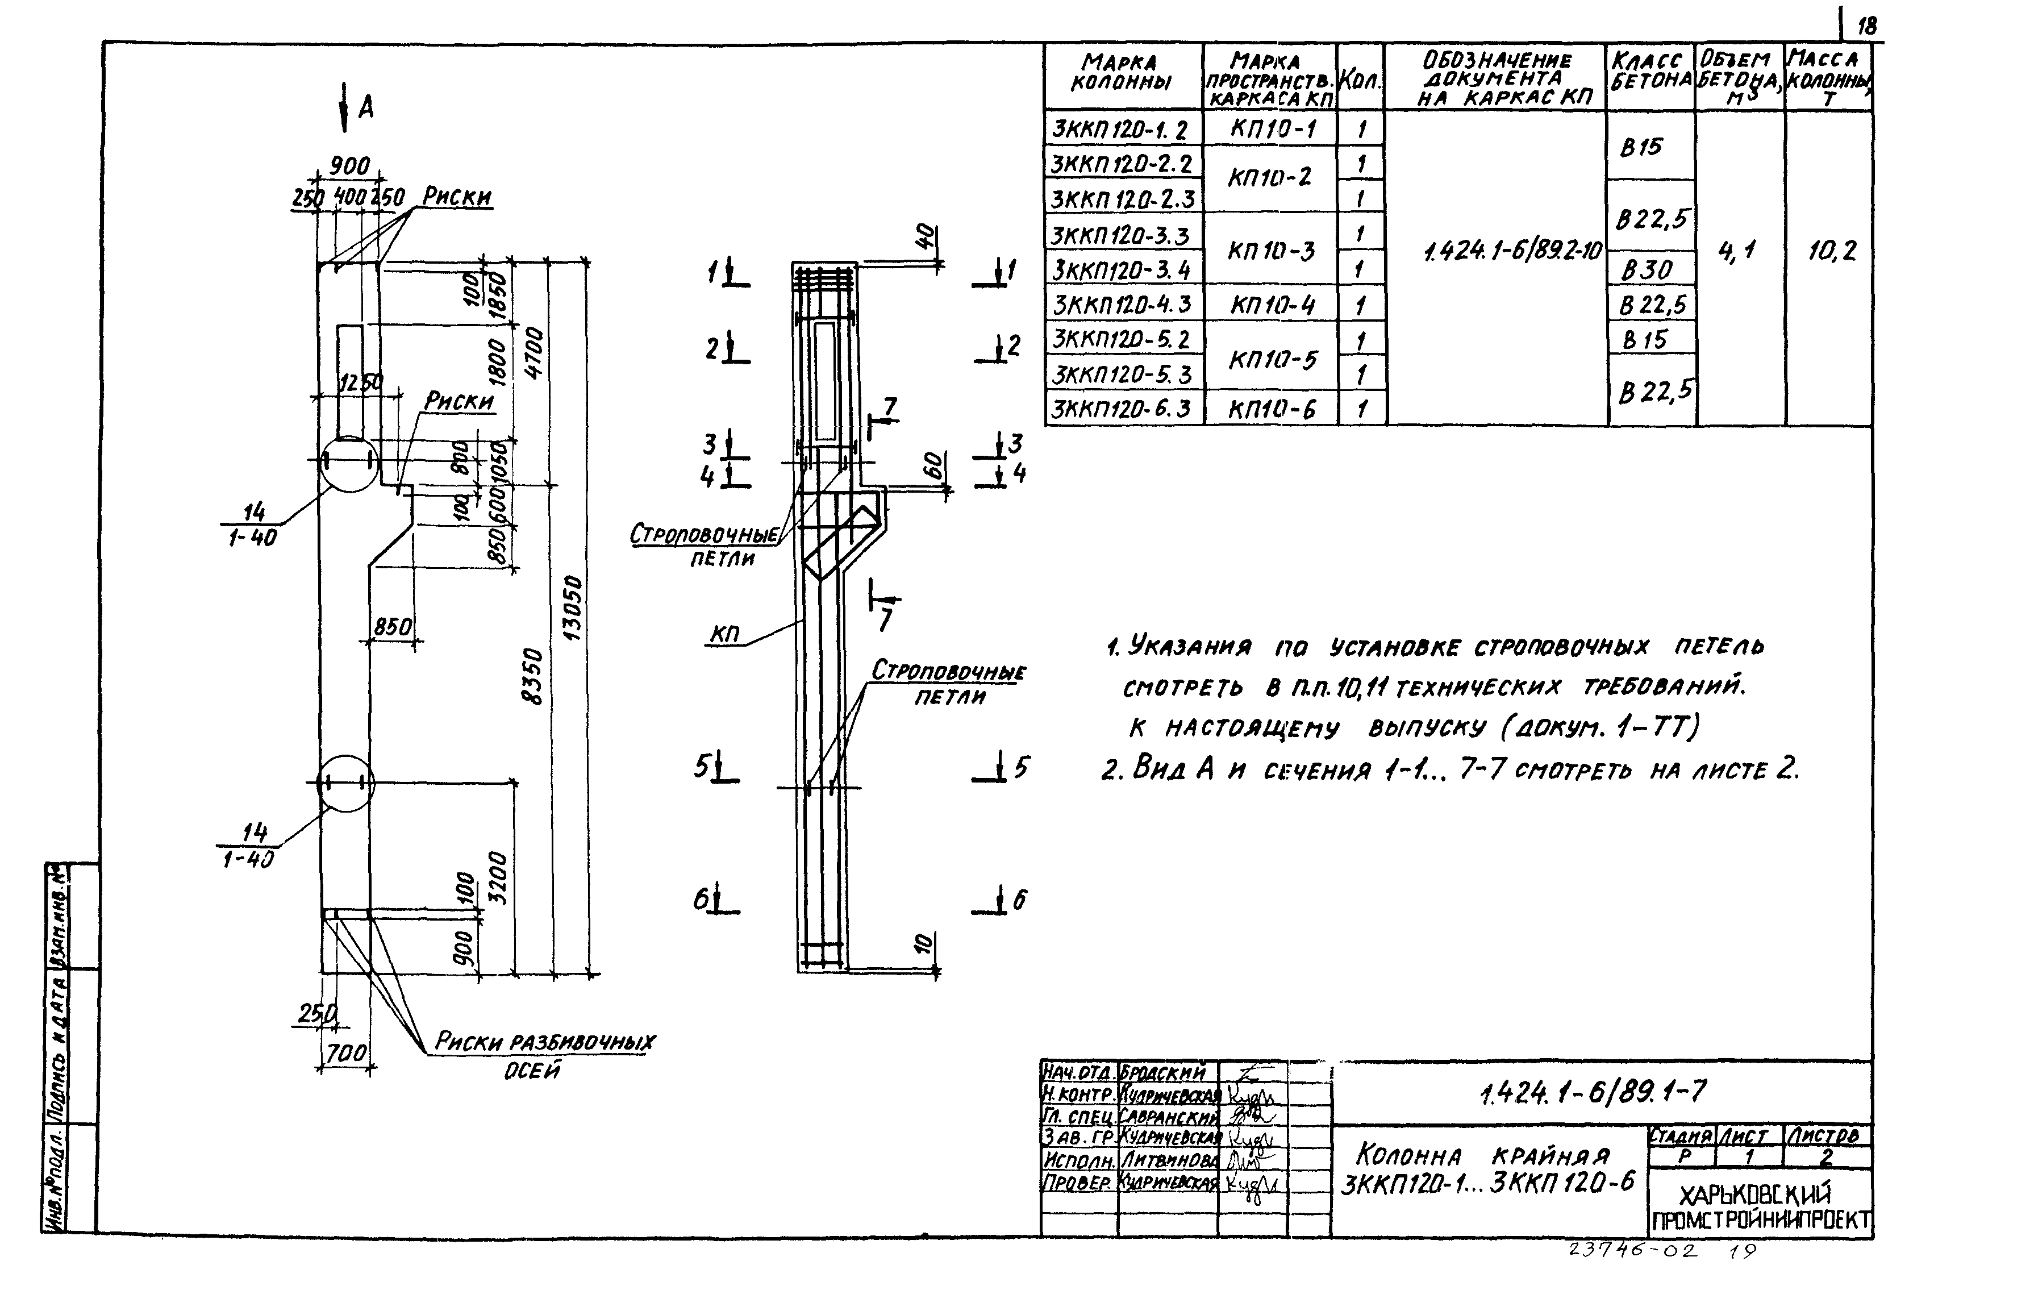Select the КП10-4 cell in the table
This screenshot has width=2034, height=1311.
(1272, 305)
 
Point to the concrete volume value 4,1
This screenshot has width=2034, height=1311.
(1737, 251)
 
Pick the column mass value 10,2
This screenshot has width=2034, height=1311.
(1831, 251)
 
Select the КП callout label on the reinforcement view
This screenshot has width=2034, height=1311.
(724, 634)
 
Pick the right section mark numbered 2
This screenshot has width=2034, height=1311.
(1013, 346)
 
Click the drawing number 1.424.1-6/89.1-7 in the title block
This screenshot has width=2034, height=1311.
(1591, 1092)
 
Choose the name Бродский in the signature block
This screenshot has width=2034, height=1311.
(1162, 1073)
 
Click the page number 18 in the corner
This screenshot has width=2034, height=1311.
(1867, 26)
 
